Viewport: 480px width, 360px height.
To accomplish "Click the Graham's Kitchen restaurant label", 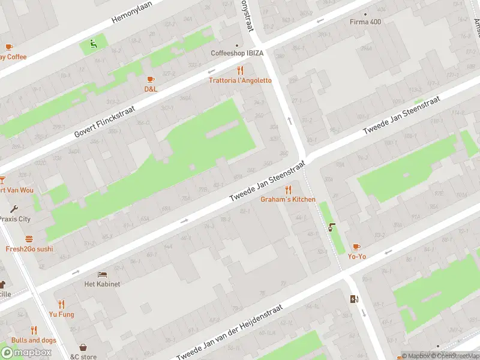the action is [287, 199].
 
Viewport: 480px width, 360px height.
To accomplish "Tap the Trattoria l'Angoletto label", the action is [240, 80].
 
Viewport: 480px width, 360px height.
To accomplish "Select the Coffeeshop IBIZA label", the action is [237, 53].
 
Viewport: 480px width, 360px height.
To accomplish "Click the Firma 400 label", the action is [365, 22].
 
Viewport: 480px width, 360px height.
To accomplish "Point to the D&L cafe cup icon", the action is [150, 79].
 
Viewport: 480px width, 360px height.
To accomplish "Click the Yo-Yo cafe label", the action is [356, 256].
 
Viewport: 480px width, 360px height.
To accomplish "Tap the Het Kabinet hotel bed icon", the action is [102, 274].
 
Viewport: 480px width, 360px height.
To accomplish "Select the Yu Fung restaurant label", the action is [61, 314].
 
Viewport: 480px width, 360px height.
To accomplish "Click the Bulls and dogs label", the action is [34, 340].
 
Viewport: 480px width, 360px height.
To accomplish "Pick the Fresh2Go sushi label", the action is [29, 248].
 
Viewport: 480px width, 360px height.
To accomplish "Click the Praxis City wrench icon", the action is [14, 209].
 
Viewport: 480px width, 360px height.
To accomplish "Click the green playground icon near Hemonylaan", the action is [92, 43].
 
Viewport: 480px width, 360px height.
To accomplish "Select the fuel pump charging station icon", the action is [353, 299].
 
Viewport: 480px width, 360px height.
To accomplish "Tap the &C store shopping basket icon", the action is [83, 347].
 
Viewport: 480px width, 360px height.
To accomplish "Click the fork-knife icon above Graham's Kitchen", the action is [287, 189].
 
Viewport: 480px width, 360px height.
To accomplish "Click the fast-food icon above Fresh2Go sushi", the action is [29, 239].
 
